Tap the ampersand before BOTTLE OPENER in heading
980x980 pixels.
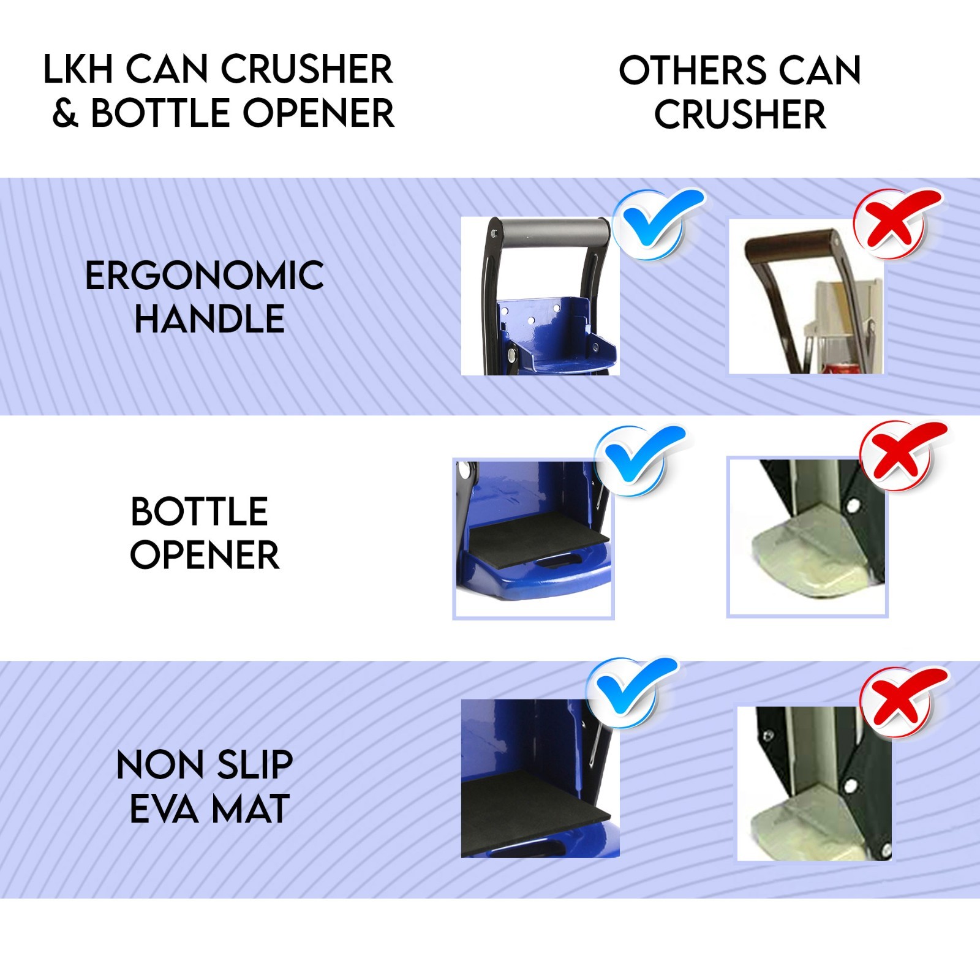pyautogui.click(x=66, y=114)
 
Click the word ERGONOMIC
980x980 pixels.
pyautogui.click(x=205, y=276)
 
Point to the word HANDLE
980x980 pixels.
pyautogui.click(x=209, y=319)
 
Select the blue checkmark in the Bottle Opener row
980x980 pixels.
pyautogui.click(x=641, y=459)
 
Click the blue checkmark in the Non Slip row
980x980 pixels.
pyautogui.click(x=631, y=692)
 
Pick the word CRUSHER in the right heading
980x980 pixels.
pyautogui.click(x=740, y=115)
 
